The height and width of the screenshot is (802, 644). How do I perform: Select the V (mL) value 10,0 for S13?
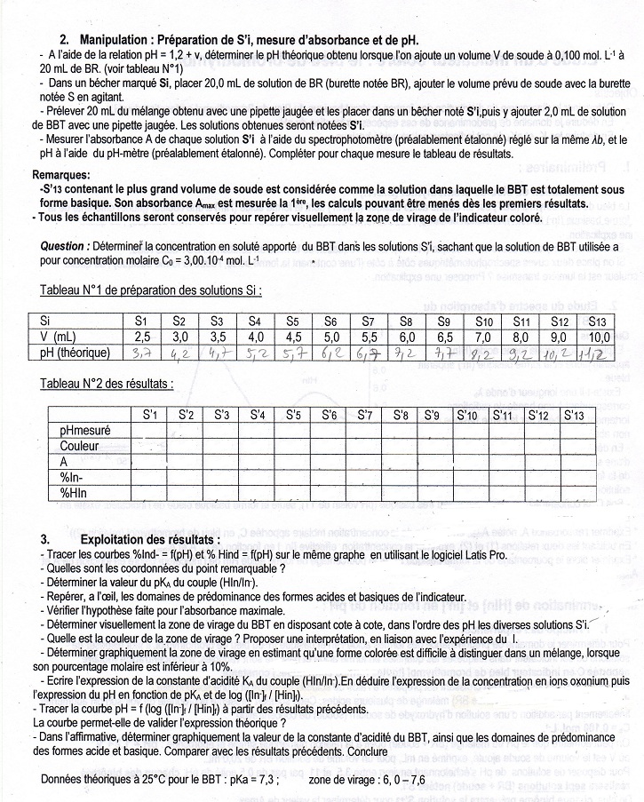click(x=600, y=337)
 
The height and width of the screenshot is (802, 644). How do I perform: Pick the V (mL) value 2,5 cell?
click(x=141, y=337)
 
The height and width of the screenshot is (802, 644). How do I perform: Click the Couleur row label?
click(x=79, y=446)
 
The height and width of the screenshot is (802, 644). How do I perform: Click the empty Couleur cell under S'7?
click(x=364, y=446)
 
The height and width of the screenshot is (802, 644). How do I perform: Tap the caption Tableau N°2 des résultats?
click(x=107, y=384)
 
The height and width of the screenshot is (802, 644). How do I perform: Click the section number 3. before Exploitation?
click(x=44, y=540)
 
